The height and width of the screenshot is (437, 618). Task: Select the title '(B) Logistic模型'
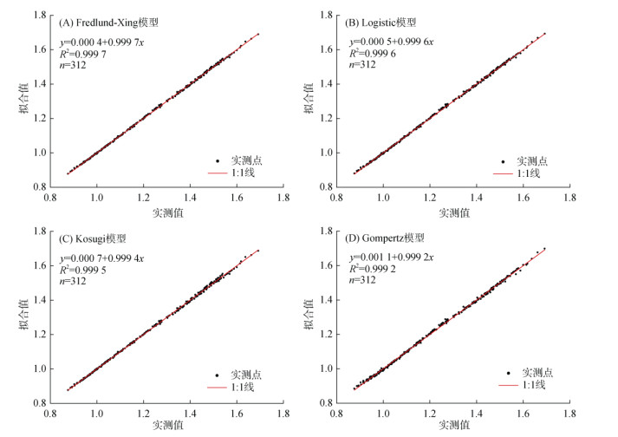pyautogui.click(x=390, y=24)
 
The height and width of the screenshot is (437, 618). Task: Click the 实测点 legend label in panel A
pyautogui.click(x=245, y=161)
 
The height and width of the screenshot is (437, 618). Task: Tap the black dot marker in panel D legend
pyautogui.click(x=508, y=373)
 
